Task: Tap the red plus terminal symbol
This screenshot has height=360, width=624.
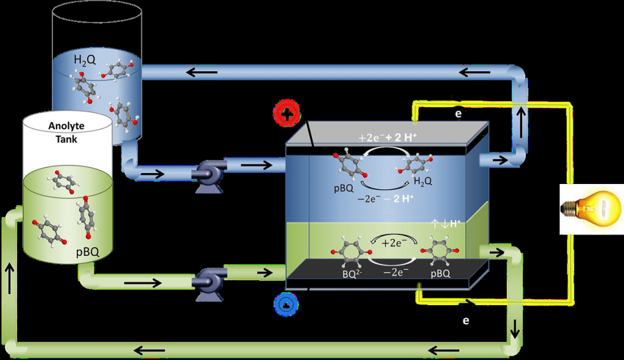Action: tap(288, 113)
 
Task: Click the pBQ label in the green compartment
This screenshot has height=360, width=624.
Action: tap(440, 274)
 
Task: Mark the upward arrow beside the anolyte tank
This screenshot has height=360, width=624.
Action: tap(10, 269)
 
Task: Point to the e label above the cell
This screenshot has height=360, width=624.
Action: tap(458, 113)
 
